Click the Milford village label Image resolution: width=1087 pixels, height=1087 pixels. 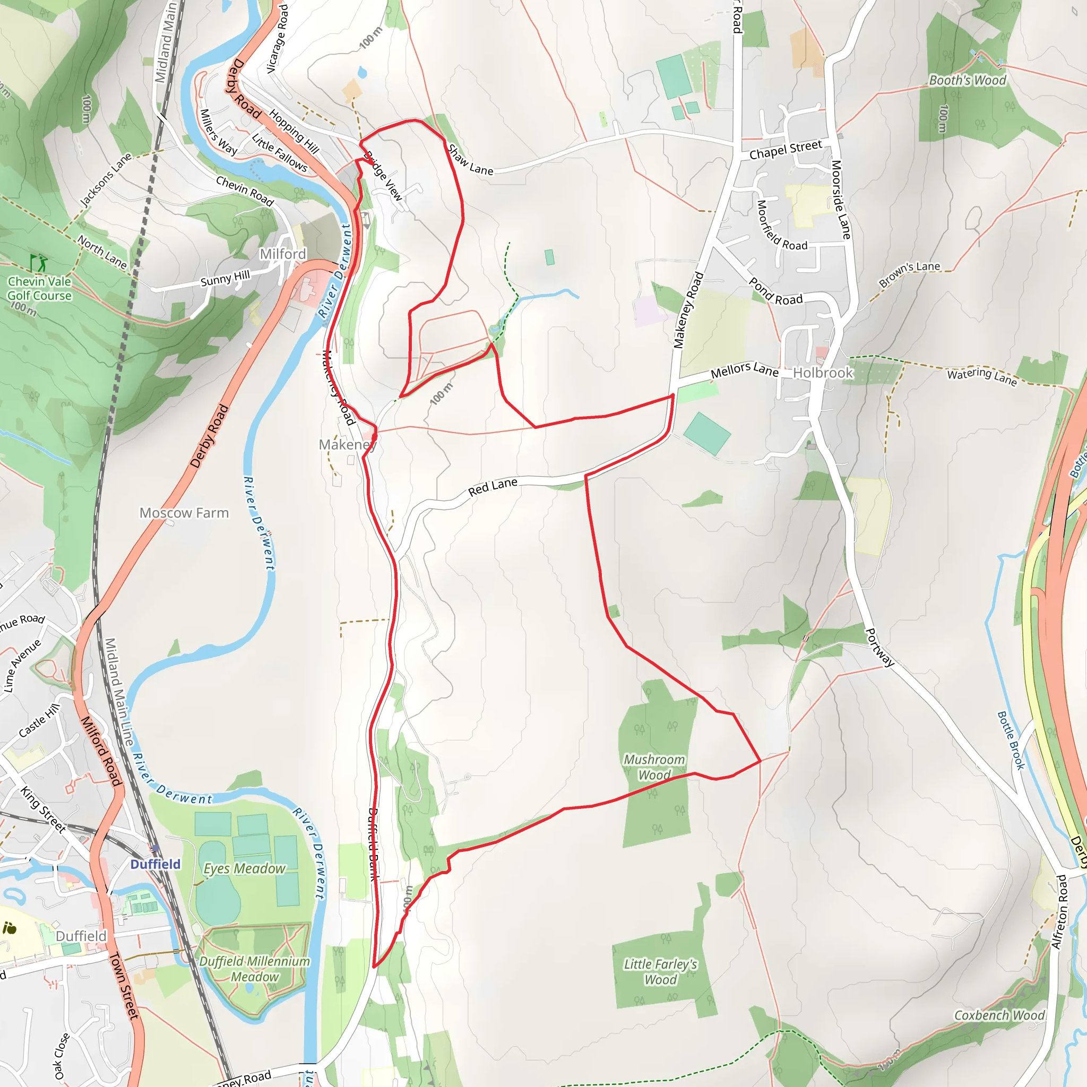[282, 254]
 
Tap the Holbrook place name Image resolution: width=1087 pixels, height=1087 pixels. [823, 373]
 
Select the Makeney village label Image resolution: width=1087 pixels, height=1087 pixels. [347, 444]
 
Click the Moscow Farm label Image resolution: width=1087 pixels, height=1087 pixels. [184, 513]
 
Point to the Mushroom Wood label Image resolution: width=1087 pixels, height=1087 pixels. [654, 767]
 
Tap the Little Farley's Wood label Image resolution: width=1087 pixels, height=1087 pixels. [660, 972]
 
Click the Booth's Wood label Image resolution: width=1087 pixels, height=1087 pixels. [967, 81]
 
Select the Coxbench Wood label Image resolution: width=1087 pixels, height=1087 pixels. [999, 1015]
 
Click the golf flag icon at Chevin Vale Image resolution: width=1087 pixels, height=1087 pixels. [39, 263]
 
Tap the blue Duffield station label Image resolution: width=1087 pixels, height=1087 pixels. [156, 864]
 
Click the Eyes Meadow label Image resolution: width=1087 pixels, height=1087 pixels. [244, 868]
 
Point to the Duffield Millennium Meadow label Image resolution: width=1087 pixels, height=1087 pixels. [254, 969]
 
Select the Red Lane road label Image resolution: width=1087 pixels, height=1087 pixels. [493, 487]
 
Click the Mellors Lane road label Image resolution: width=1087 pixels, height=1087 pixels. [744, 370]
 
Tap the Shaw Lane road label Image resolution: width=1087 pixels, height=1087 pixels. [470, 160]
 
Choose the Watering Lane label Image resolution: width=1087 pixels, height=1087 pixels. [982, 376]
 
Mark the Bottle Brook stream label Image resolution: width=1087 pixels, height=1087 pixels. [1011, 740]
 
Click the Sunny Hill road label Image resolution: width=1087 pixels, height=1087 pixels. [225, 279]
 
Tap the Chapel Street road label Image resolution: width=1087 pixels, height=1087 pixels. [786, 150]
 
